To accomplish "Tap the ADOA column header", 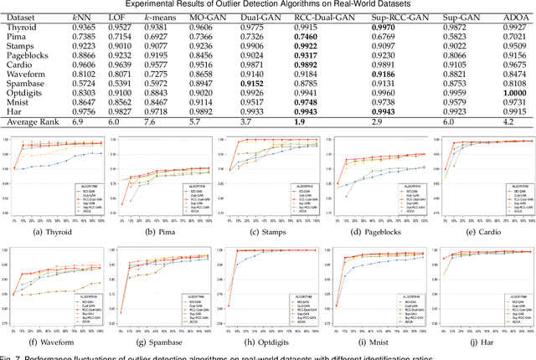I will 503,16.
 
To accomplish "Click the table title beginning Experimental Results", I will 268,4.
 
